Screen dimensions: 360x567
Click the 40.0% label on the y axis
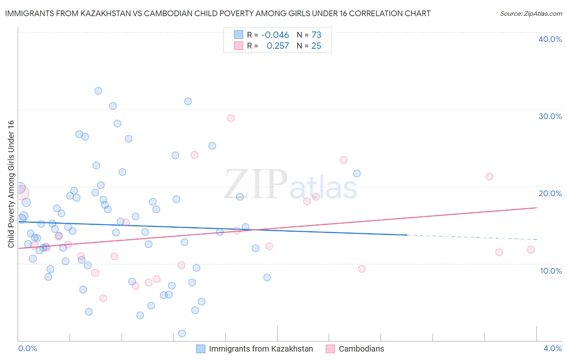click(x=550, y=39)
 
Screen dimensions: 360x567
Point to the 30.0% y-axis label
click(x=550, y=116)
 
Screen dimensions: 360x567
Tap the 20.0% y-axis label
click(x=550, y=193)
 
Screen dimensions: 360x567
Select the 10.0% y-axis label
click(x=551, y=271)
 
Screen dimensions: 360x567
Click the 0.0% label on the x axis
click(x=27, y=348)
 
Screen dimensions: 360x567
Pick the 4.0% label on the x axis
click(x=552, y=348)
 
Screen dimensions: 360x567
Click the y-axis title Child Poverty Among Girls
click(x=11, y=184)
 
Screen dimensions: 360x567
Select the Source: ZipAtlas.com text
click(x=531, y=13)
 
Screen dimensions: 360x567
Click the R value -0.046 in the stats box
click(x=275, y=35)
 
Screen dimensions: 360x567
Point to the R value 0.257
click(x=277, y=46)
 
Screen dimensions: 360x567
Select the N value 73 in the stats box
click(x=316, y=35)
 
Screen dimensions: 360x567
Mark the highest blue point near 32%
click(x=98, y=91)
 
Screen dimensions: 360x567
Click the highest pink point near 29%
click(x=231, y=118)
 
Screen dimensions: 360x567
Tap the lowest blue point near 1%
click(x=182, y=333)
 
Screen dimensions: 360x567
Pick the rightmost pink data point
click(x=531, y=250)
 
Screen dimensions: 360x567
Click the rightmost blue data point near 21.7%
click(x=357, y=174)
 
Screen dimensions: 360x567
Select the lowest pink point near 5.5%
click(x=103, y=298)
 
